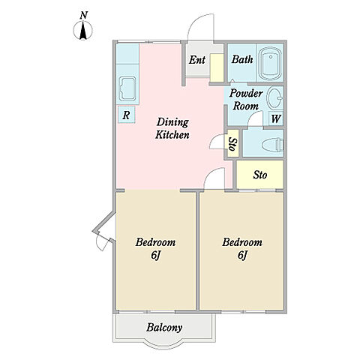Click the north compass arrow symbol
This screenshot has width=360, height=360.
83,31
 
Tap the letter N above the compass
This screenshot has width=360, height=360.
84,16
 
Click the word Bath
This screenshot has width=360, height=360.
242,59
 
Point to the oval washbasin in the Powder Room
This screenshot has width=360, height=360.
275,97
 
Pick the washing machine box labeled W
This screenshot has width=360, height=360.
276,118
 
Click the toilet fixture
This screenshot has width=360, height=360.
273,145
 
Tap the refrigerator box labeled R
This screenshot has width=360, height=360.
127,115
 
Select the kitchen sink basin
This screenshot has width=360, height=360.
127,88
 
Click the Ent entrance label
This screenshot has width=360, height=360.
197,60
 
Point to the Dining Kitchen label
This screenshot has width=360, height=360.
172,128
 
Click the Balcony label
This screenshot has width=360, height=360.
164,328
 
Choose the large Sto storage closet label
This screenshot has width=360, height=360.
260,175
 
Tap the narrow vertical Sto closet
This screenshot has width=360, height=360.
233,143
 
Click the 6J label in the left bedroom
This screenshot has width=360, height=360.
155,255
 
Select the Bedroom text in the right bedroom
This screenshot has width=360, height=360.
242,242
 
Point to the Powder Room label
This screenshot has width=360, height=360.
246,100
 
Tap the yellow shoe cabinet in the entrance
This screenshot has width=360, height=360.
217,67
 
